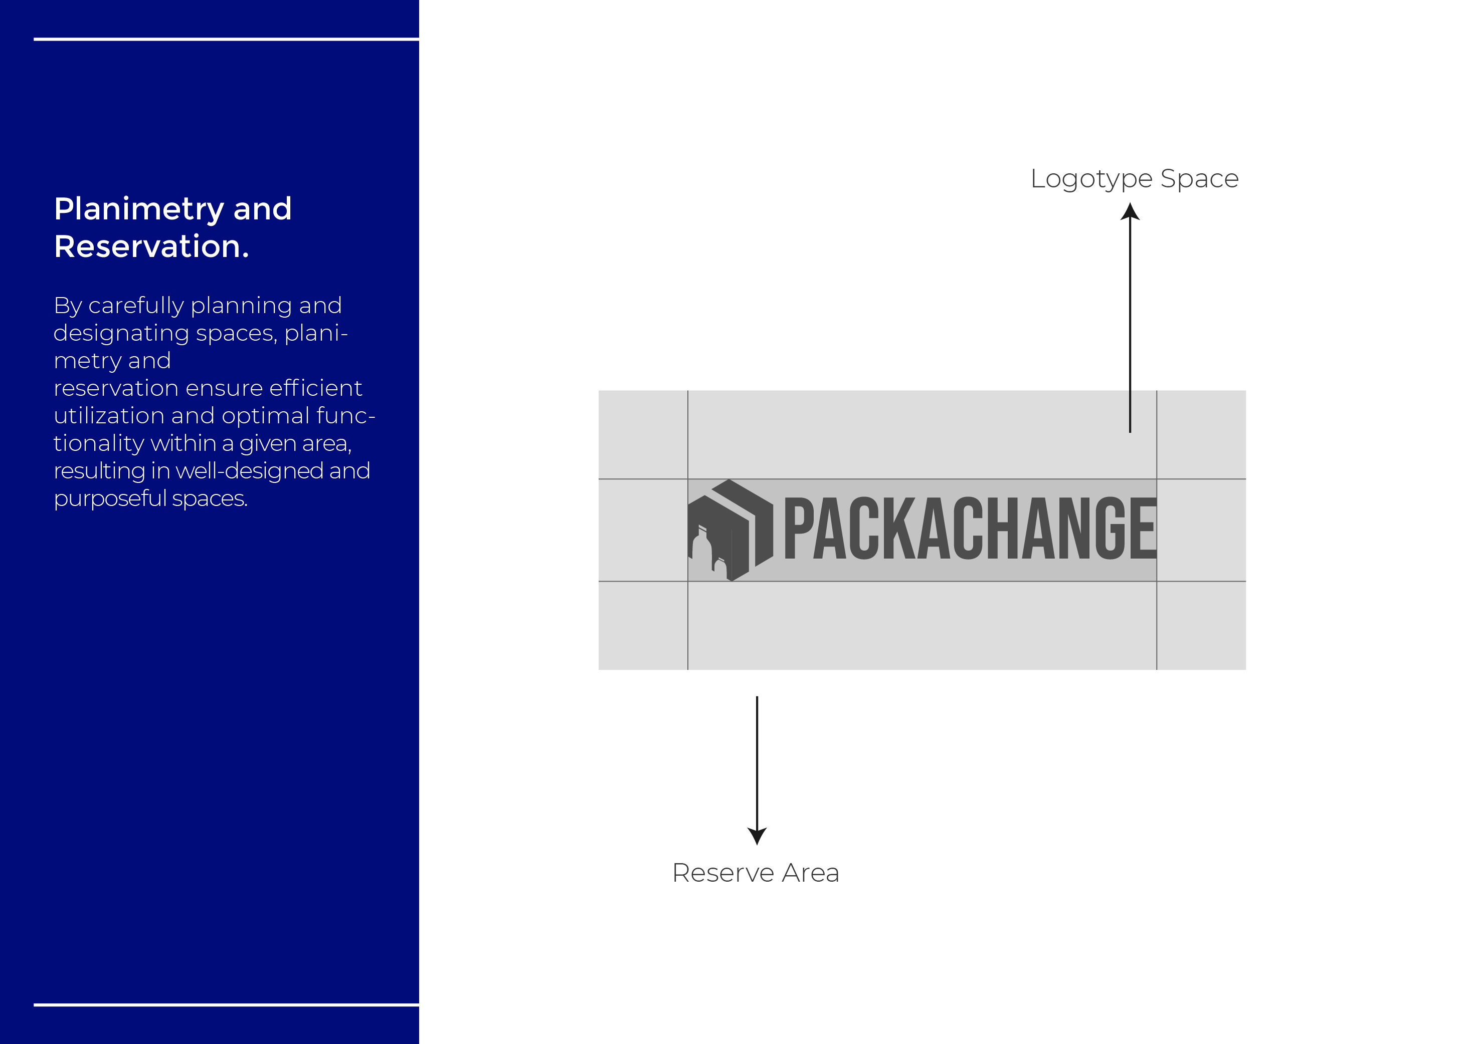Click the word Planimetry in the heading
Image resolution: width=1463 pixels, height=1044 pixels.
tap(139, 209)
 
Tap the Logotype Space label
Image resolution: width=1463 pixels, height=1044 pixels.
tap(1134, 179)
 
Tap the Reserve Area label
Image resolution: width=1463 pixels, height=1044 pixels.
tap(755, 873)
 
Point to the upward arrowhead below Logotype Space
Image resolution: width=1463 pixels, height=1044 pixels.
tap(1130, 211)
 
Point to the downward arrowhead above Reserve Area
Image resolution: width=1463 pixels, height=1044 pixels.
tap(757, 836)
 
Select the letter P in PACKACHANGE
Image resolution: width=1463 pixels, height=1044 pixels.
tap(797, 528)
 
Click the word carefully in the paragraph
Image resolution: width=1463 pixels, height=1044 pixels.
tap(136, 306)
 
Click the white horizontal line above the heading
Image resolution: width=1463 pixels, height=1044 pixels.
tap(226, 39)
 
